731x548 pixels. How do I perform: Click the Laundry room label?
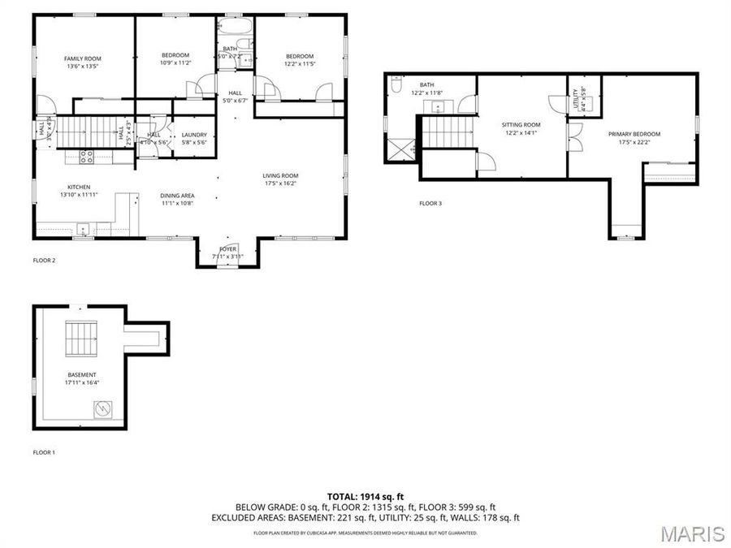coord(194,135)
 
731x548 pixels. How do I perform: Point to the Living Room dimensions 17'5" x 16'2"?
coord(280,183)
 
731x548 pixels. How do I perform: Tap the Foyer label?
coord(228,248)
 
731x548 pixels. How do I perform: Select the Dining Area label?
coord(176,195)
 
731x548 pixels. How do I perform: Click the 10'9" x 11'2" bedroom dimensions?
coord(175,63)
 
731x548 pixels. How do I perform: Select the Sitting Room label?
coord(520,124)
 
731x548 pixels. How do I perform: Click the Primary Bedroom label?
coord(634,134)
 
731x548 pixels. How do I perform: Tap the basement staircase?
coord(81,339)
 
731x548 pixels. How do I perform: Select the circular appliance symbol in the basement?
coord(103,411)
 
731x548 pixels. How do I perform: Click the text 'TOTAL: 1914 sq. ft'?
coord(365,495)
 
